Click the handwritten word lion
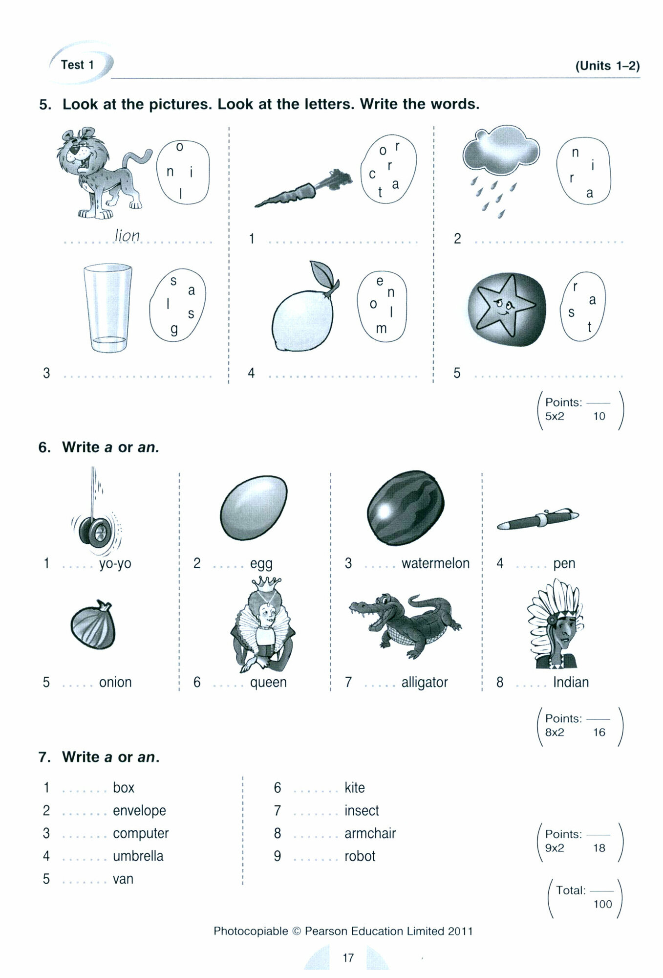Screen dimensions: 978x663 [x=127, y=236]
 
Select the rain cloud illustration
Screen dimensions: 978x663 [x=500, y=152]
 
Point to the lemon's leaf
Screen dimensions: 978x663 [x=323, y=274]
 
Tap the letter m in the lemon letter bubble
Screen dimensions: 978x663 [x=381, y=329]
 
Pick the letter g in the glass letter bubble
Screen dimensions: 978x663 [x=174, y=330]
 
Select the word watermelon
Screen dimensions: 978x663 [x=435, y=563]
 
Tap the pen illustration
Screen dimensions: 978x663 [x=537, y=519]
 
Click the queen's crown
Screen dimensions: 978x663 [x=267, y=583]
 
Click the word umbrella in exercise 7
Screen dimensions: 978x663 [x=138, y=856]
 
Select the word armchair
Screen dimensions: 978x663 [x=370, y=833]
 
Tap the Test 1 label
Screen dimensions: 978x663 [x=77, y=65]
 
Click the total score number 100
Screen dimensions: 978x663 [x=602, y=904]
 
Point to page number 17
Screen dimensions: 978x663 [x=348, y=957]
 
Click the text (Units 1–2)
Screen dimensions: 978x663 [x=607, y=66]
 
